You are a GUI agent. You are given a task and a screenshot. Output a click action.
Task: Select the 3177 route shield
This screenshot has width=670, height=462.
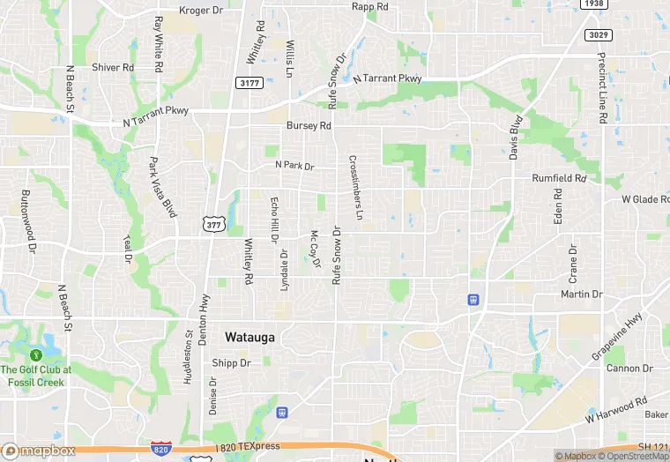(249, 82)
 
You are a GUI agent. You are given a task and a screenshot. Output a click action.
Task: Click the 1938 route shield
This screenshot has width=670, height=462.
(594, 4)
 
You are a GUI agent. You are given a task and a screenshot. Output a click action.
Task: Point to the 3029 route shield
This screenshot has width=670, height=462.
(598, 34)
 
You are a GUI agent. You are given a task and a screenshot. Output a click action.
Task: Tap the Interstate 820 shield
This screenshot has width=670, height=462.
(160, 449)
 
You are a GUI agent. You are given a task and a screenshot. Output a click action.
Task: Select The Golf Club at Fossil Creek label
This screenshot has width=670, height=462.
(36, 375)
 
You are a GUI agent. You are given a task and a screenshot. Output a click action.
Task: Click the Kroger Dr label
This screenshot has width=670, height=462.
(201, 11)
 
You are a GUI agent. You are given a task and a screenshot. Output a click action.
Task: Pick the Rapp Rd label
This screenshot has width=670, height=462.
(369, 7)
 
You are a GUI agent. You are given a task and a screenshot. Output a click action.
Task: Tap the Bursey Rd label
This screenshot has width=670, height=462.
(309, 126)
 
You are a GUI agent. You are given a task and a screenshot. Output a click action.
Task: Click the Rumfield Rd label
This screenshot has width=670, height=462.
(559, 178)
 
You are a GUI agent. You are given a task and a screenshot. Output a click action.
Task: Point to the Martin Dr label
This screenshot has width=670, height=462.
(581, 294)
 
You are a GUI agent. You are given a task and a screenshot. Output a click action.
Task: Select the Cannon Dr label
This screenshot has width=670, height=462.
(629, 368)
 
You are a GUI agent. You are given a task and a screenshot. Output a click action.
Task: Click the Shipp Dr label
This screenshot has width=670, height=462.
(232, 363)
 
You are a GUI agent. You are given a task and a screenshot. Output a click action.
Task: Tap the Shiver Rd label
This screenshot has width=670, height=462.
(113, 67)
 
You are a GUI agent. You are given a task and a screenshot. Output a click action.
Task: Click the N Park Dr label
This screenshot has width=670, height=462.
(294, 165)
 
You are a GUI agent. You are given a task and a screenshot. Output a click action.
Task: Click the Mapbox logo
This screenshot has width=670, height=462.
(38, 451)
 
